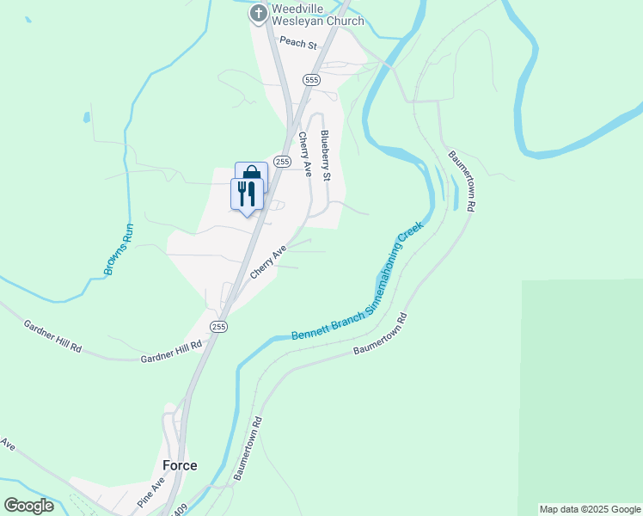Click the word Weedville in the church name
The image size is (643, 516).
[298, 9]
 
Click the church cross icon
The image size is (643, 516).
[258, 14]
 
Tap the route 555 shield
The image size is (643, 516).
[310, 79]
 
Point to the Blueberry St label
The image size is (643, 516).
[325, 155]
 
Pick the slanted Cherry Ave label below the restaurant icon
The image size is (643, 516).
[268, 262]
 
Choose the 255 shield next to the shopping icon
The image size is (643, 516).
[282, 161]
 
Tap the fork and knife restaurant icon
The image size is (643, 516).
[247, 193]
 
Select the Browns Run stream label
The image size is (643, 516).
[119, 249]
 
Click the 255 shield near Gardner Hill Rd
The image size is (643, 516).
[219, 326]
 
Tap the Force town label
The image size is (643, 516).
[180, 465]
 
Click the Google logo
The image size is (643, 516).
[28, 506]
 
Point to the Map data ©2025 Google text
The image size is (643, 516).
[590, 509]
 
